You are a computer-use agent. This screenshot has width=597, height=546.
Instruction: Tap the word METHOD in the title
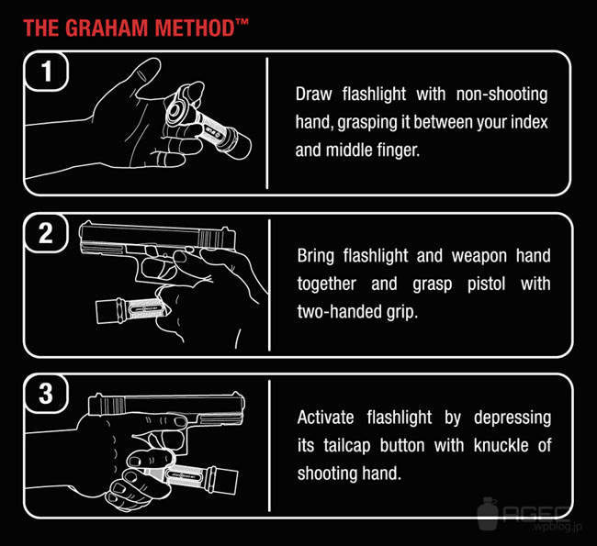pos(195,28)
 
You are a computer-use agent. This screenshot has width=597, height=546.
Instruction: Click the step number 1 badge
pos(46,72)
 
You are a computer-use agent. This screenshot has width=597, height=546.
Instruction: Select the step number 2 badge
pos(46,233)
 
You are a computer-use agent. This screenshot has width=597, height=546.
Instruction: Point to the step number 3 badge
pos(46,394)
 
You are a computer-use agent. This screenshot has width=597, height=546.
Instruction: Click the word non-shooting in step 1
pos(501,95)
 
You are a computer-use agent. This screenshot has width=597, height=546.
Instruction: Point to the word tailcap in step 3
pos(347,446)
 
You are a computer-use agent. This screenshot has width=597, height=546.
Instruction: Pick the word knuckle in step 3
pos(501,445)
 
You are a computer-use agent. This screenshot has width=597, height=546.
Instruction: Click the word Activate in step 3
pos(325,418)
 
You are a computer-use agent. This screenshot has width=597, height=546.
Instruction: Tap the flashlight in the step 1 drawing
pos(207,122)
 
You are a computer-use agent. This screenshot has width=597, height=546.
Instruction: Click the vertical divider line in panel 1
pos(267,123)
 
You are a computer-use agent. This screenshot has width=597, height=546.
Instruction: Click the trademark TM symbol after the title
pos(242,22)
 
